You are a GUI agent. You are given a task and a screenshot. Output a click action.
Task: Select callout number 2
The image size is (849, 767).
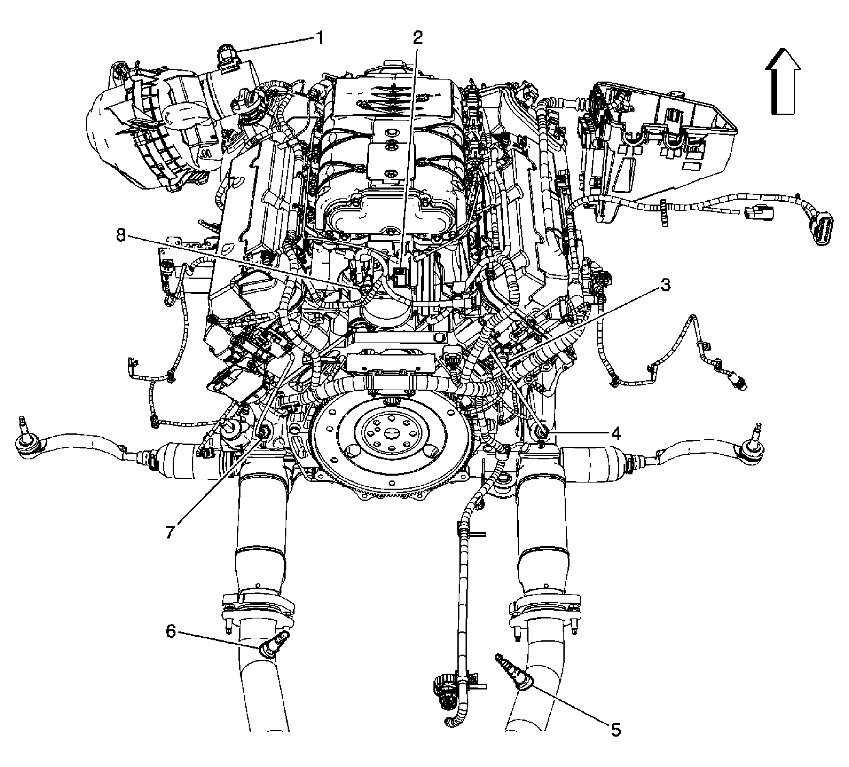pyautogui.click(x=417, y=38)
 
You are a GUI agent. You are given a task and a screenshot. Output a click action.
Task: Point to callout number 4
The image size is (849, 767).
pyautogui.click(x=616, y=433)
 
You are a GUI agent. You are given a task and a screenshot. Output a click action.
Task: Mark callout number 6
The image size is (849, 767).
pyautogui.click(x=171, y=631)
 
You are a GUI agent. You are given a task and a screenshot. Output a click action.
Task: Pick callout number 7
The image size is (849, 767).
pyautogui.click(x=169, y=532)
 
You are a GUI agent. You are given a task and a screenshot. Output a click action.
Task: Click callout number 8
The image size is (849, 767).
pyautogui.click(x=121, y=235)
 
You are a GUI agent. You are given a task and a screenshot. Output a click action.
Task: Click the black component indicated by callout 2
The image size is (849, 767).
pyautogui.click(x=401, y=276)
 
